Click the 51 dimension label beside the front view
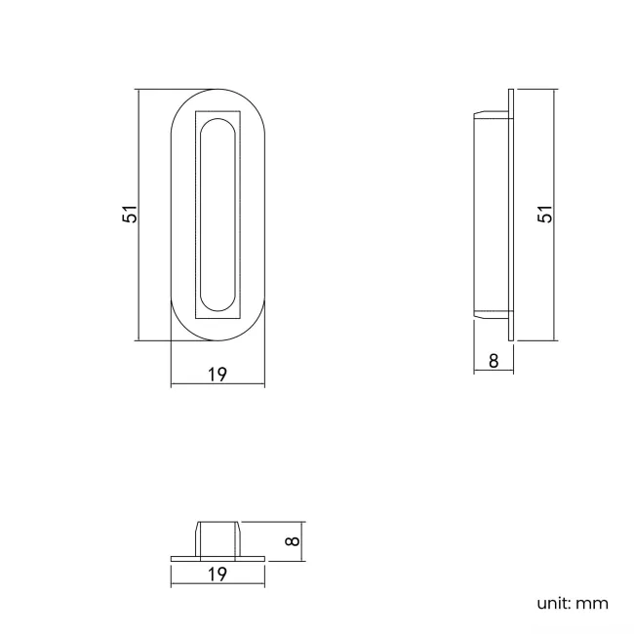[x=130, y=215]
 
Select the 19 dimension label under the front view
[x=217, y=374]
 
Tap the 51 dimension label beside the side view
[x=546, y=215]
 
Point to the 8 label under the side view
[x=494, y=361]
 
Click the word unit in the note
[x=552, y=603]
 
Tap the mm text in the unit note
[x=592, y=603]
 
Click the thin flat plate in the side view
[x=511, y=215]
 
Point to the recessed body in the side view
[x=490, y=215]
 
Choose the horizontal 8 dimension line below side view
[x=494, y=372]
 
